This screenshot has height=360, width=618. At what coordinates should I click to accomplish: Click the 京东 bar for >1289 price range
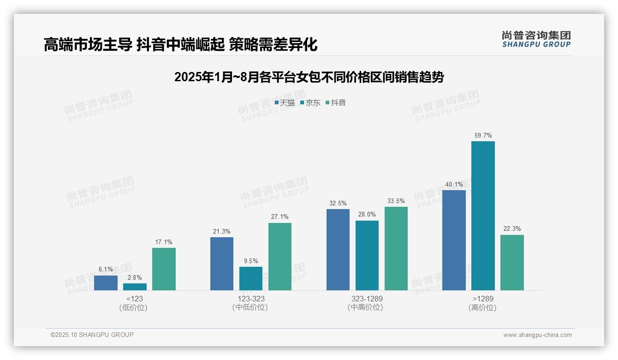[x=483, y=216]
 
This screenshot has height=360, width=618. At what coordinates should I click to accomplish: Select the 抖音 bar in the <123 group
[x=164, y=269]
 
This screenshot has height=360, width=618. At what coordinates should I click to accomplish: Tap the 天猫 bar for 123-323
[x=222, y=264]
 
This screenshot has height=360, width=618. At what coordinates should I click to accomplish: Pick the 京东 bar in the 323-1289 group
[x=367, y=255]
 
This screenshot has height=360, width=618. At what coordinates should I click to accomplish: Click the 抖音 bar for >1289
[x=512, y=263]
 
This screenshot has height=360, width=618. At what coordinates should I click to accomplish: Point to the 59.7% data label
[x=483, y=136]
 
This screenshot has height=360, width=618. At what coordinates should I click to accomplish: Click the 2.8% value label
[x=135, y=277]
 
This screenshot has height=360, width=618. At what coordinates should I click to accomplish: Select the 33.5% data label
[x=396, y=201]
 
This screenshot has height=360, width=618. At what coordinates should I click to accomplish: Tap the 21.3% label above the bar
[x=222, y=231]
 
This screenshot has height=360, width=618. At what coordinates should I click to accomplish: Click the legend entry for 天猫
[x=285, y=103]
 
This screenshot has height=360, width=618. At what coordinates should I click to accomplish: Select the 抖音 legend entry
[x=336, y=103]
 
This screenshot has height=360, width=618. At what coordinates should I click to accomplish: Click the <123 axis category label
[x=134, y=299]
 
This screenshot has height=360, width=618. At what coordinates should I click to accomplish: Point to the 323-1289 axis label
[x=367, y=299]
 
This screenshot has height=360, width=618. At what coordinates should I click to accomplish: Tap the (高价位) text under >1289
[x=482, y=308]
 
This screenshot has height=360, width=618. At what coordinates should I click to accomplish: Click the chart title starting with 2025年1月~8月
[x=309, y=77]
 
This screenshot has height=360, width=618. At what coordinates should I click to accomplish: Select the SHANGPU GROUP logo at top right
[x=536, y=39]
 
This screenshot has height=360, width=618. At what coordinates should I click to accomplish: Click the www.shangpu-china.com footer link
[x=537, y=335]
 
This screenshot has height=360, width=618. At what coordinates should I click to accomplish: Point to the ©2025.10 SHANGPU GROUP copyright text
[x=92, y=335]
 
